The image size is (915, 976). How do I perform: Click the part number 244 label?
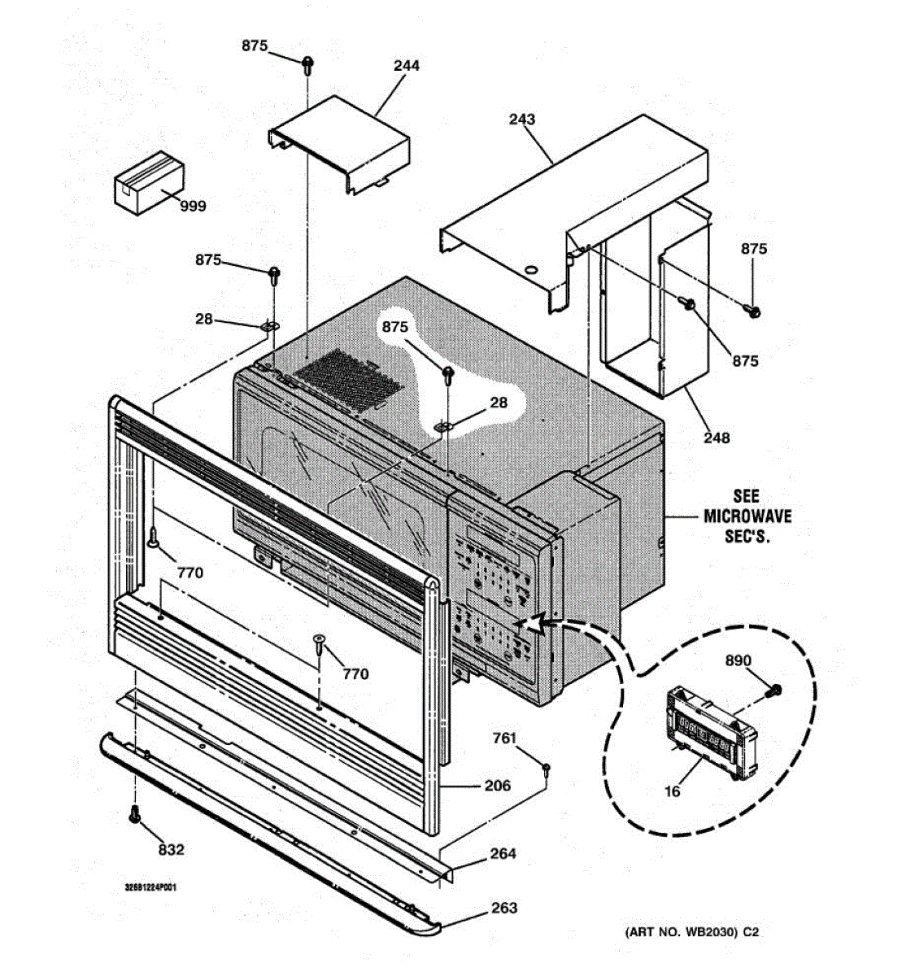pos(406,65)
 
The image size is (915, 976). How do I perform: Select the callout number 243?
pos(522,120)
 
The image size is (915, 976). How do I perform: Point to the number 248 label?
pos(717,438)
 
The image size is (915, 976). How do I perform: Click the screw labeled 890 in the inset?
pos(774,691)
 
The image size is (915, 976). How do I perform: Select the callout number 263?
pos(504,908)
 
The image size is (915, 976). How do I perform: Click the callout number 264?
pos(503,854)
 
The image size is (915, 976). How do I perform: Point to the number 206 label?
pos(497,786)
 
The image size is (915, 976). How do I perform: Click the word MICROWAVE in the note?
pos(747,516)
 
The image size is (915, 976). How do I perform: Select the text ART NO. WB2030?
pos(679,933)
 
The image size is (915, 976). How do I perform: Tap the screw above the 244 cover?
pos(308,65)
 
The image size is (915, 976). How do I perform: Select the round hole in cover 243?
pos(531,269)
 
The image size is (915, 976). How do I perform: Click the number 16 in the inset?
pos(673,791)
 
